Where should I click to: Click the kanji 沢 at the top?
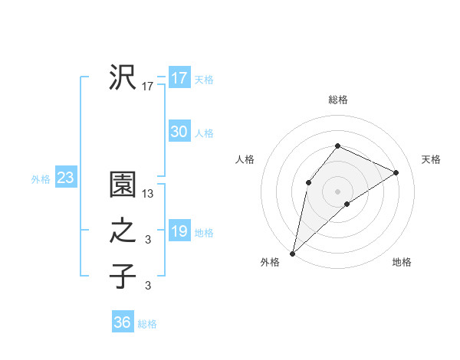coord(123,77)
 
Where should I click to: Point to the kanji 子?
coord(123,276)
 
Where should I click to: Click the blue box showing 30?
coord(179,132)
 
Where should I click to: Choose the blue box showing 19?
coord(179,231)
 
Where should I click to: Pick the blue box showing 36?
coord(122,322)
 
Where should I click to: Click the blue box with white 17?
coord(179,78)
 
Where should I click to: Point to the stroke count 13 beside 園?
coord(148,195)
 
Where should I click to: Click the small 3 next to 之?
coord(148,241)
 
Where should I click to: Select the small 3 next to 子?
coord(148,286)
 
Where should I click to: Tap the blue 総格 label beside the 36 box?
coord(147,324)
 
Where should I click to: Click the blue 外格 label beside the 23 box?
coord(41,179)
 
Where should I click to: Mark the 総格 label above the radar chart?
coord(337,100)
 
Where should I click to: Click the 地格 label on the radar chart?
coord(402,263)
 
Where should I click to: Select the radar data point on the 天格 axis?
coord(396,172)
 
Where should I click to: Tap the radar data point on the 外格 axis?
coord(293,253)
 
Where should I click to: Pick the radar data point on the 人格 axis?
coord(308,182)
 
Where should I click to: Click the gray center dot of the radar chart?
coord(337,191)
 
